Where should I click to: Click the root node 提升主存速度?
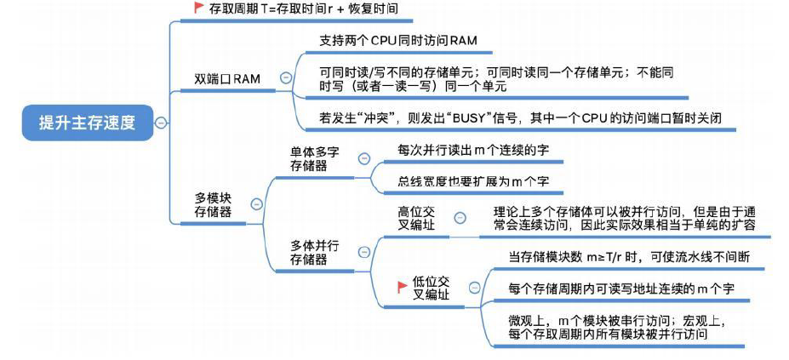(x=87, y=122)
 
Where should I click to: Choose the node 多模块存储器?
(x=213, y=205)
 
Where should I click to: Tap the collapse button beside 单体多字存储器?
(x=363, y=158)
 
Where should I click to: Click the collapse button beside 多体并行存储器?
(x=363, y=252)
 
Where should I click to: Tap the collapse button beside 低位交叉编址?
(x=471, y=289)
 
